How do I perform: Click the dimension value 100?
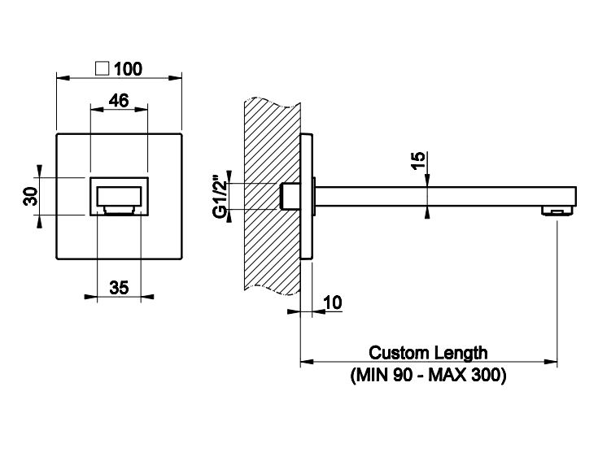129,68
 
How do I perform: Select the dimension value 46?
119,101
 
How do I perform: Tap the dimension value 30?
29,195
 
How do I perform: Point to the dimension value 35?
119,287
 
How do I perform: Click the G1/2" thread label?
218,196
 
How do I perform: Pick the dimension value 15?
417,159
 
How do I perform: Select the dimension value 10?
333,302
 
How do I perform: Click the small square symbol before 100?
103,68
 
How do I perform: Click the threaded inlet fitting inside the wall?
289,196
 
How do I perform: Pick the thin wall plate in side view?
305,196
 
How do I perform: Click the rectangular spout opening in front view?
119,196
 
